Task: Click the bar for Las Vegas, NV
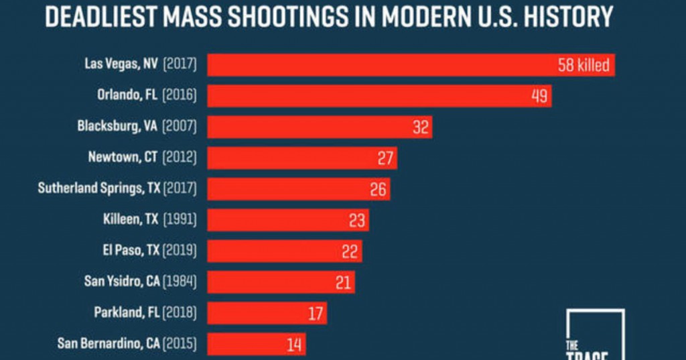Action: (x=410, y=65)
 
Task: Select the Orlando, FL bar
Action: (x=379, y=96)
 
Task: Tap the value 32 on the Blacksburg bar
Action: (x=421, y=127)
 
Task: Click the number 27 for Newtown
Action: (x=385, y=158)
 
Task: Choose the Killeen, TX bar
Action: (x=287, y=220)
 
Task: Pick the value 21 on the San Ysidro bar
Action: (x=343, y=282)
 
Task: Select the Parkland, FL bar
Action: (x=267, y=313)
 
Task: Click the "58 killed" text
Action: (x=584, y=65)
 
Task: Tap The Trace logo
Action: (x=594, y=335)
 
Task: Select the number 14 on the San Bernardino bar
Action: (x=294, y=345)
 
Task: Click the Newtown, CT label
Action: (x=123, y=158)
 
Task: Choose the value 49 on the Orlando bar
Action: (x=539, y=96)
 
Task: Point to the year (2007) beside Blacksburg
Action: (x=179, y=127)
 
